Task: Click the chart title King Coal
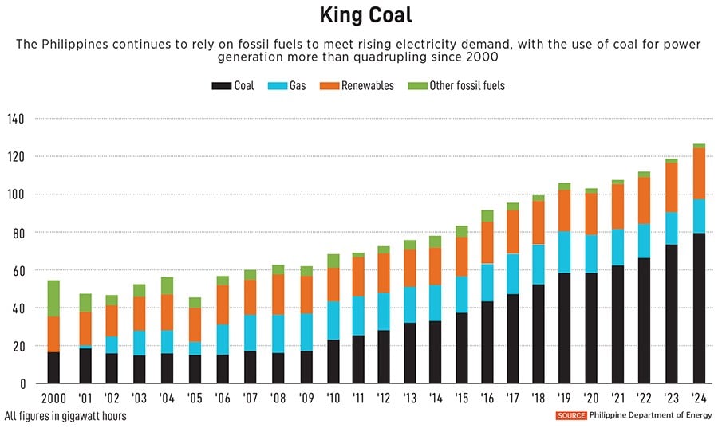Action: coord(358,15)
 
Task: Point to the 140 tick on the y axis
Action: coord(15,119)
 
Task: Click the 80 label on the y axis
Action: coord(18,233)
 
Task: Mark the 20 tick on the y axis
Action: coord(18,346)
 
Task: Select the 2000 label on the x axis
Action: coord(53,396)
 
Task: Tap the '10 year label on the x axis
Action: coord(333,396)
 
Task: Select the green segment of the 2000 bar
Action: coord(53,298)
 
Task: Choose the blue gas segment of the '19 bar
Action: coord(564,252)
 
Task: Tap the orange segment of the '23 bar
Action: coord(672,187)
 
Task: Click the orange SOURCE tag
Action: coord(571,415)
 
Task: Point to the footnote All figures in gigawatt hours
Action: coord(65,415)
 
